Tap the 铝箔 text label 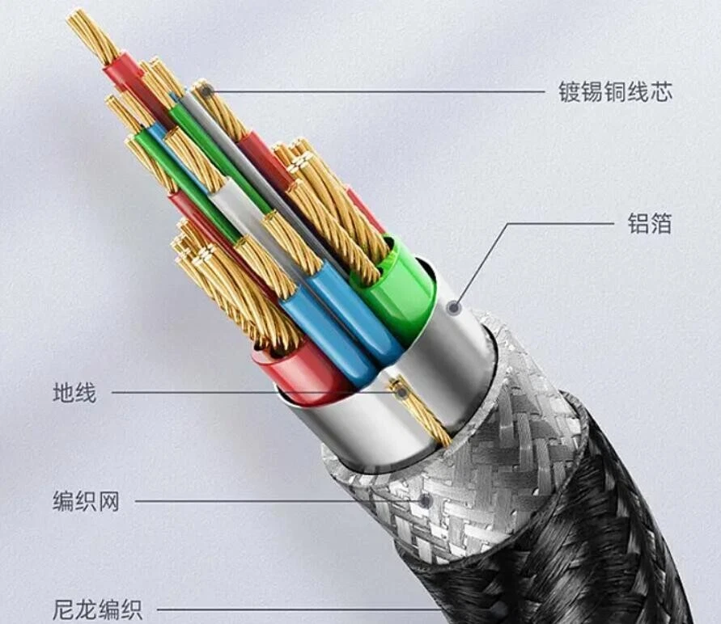click(x=649, y=224)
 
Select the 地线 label click(x=74, y=393)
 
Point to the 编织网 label click(x=86, y=501)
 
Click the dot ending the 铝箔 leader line click(x=455, y=307)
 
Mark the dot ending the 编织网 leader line click(x=424, y=501)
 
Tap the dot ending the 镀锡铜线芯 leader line click(x=206, y=92)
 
